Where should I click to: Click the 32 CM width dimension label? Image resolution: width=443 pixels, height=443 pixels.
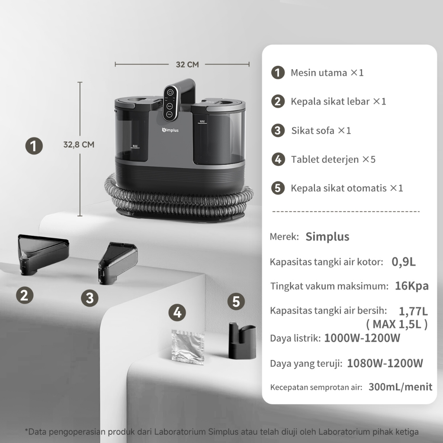187,64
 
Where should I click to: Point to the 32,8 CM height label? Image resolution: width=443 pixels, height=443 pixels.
79,144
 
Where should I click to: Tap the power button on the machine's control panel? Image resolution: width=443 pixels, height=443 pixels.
170,93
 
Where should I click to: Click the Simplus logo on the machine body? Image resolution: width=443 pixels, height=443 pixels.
170,130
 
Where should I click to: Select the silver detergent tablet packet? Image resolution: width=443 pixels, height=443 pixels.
188,347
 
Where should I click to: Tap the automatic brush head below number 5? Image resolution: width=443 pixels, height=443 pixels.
242,340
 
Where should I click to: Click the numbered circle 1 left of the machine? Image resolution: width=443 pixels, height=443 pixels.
34,146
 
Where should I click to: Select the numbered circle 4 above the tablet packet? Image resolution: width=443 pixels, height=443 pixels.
177,312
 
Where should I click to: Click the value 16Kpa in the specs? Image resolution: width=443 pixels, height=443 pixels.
412,286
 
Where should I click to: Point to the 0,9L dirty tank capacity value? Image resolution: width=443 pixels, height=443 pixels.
404,262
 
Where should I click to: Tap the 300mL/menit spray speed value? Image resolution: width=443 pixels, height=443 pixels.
400,387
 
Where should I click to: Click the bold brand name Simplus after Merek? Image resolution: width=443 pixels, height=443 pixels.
327,237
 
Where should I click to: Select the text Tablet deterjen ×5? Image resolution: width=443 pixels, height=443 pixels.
334,159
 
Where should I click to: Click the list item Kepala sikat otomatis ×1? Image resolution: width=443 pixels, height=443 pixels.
347,188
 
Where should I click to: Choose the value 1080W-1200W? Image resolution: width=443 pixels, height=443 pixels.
385,363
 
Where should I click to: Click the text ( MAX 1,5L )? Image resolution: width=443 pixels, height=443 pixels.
397,324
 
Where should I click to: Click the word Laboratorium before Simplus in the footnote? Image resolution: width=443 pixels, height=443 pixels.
180,432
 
